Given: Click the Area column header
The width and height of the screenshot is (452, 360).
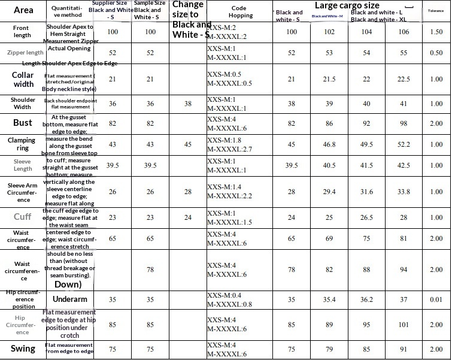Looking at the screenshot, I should point(23,10).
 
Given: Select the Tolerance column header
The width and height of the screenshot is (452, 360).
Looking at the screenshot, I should point(436,11).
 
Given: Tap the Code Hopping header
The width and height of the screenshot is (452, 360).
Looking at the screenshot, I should point(241,12).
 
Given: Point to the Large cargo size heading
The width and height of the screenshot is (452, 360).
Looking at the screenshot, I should point(347,5).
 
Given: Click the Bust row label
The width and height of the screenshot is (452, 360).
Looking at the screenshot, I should point(23,123).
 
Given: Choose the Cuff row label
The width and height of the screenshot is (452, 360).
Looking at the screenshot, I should point(23,217).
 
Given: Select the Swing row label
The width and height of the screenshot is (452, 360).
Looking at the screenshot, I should point(23,349).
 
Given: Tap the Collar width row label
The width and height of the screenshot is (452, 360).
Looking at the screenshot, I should point(23,80).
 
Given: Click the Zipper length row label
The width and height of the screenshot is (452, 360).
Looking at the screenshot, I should point(25,53).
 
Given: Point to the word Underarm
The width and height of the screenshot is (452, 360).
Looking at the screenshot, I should point(70,299).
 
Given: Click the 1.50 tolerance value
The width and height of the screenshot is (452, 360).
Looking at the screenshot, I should point(436,32).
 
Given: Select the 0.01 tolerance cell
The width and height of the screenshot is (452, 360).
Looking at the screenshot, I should point(436,300).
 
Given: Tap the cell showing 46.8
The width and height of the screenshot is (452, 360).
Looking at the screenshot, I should point(329,144).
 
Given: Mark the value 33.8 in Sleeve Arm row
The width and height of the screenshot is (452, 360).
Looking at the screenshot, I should point(404,192).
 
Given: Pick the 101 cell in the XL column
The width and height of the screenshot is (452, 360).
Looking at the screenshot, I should point(404,325).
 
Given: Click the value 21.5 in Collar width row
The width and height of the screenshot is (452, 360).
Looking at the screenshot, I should point(329,79).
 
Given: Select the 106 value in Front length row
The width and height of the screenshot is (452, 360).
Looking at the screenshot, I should point(404,32).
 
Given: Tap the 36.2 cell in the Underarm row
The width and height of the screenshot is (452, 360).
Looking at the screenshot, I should point(366,300).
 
